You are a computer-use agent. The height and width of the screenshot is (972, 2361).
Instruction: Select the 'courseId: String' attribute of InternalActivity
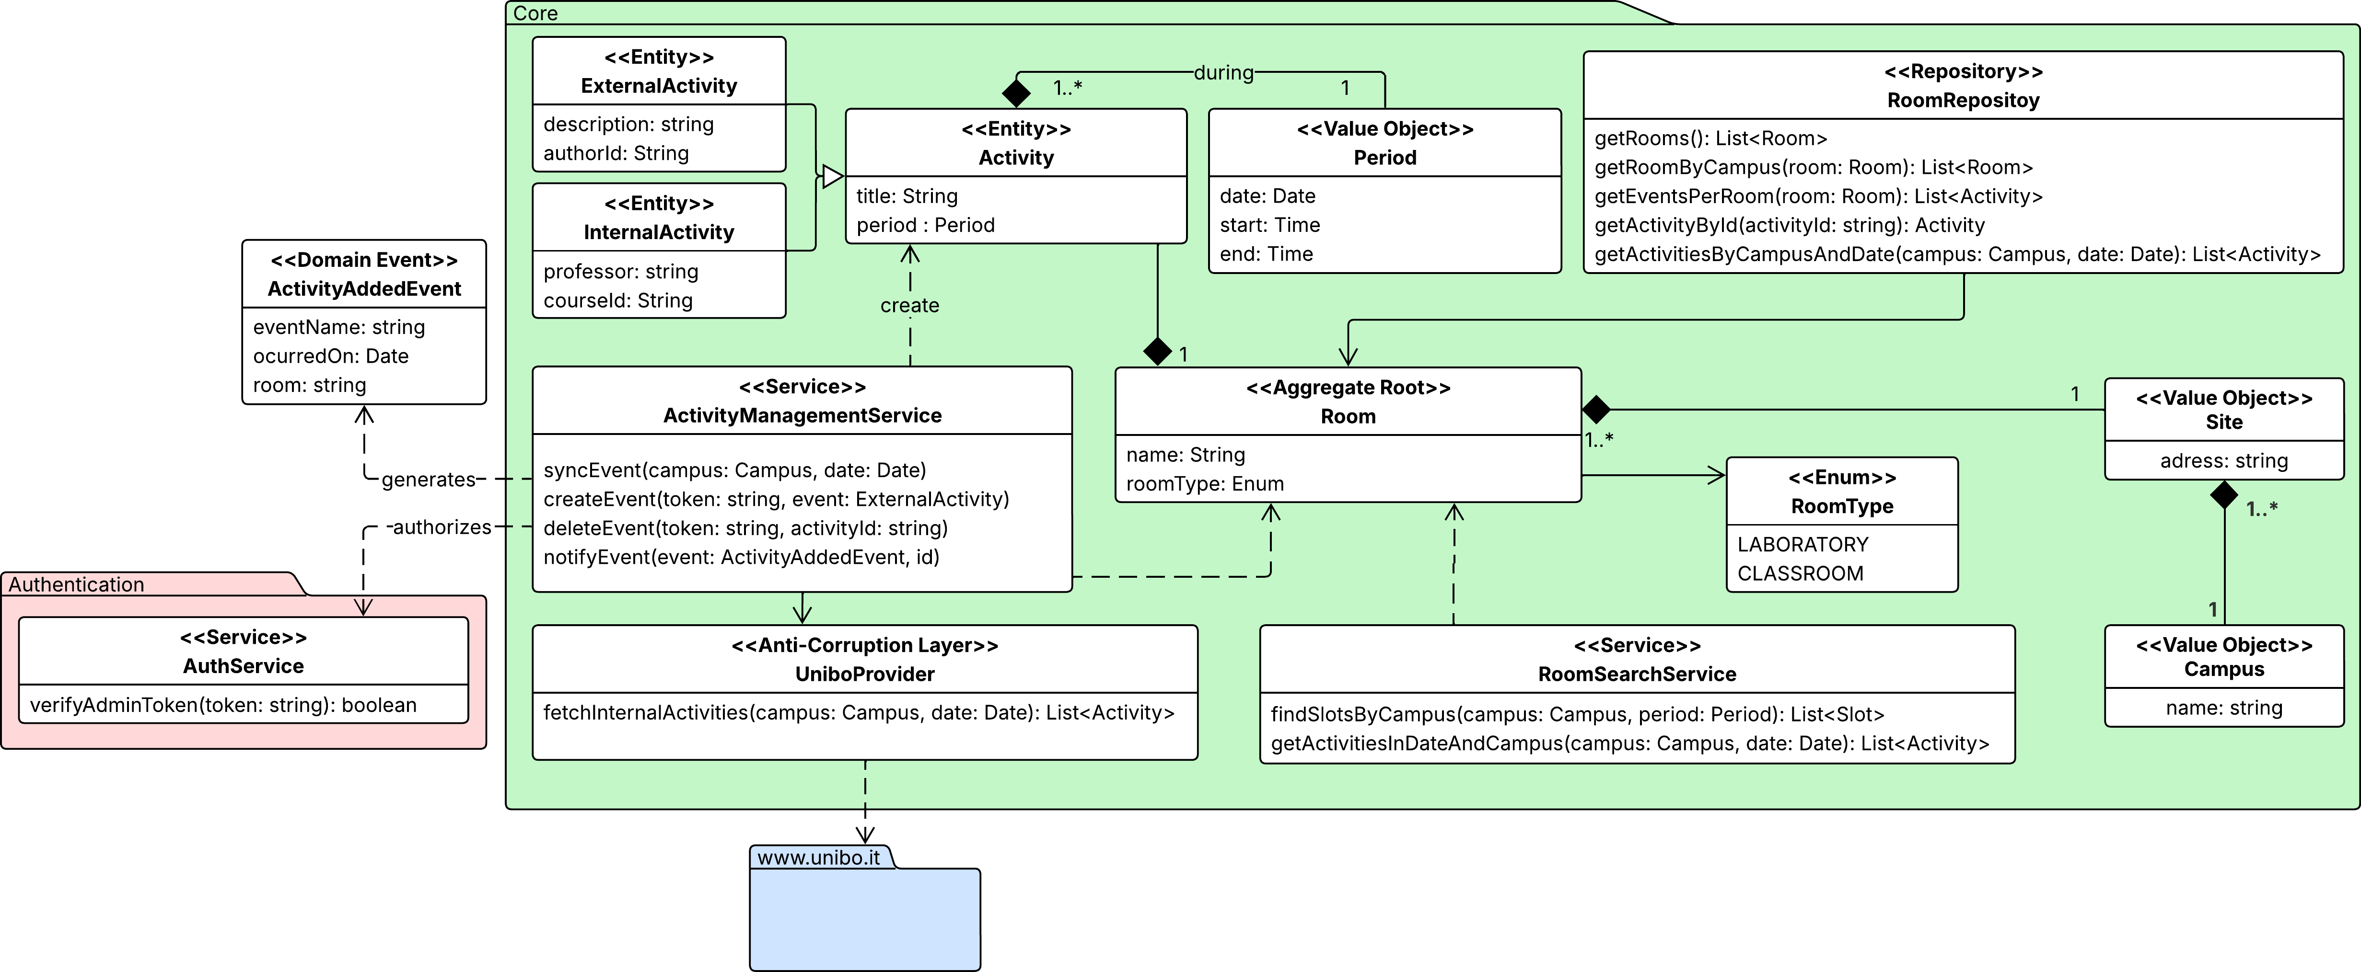click(618, 300)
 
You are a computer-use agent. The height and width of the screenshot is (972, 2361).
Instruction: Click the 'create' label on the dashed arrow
click(909, 305)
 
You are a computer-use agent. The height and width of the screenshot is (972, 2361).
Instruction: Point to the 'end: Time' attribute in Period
click(1266, 254)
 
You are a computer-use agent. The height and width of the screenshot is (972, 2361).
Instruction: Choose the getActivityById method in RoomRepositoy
click(1789, 225)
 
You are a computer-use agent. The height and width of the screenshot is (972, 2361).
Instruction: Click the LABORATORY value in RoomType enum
click(1802, 545)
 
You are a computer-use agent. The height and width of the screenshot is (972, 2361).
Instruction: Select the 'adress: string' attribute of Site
click(2223, 461)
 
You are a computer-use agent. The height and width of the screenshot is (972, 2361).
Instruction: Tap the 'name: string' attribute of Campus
click(2223, 708)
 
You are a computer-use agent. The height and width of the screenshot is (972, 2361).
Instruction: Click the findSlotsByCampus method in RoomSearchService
click(1576, 715)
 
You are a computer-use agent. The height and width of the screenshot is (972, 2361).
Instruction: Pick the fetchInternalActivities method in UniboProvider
click(858, 713)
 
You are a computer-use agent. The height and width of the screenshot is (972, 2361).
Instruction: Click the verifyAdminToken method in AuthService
click(223, 706)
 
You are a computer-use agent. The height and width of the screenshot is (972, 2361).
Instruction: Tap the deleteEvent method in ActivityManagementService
click(745, 528)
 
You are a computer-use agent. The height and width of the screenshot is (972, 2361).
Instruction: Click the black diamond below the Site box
click(2223, 496)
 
